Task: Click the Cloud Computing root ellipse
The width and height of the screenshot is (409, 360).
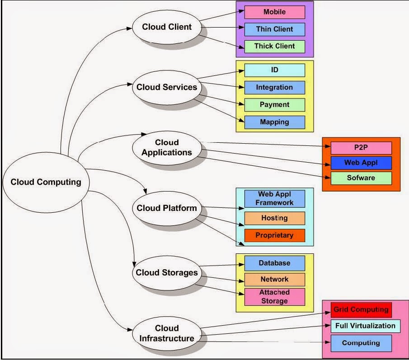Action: (x=46, y=182)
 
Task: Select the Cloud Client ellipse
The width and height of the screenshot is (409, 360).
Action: (x=167, y=27)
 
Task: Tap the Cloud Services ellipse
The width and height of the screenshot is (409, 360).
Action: (x=167, y=87)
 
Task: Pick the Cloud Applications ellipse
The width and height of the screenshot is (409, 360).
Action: (x=167, y=148)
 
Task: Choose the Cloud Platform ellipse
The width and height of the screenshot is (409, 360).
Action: (x=167, y=208)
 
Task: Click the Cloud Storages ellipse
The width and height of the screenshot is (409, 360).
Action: (x=167, y=273)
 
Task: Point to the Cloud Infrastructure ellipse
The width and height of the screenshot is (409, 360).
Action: (x=167, y=333)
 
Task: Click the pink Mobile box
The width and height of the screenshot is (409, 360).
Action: (x=274, y=12)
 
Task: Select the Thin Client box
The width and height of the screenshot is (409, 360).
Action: (x=274, y=29)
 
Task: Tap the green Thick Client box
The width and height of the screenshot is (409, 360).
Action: (x=274, y=46)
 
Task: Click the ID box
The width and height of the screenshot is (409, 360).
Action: (x=274, y=70)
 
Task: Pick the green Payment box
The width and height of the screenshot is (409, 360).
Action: (x=274, y=104)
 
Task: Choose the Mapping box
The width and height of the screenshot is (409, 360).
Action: (x=274, y=122)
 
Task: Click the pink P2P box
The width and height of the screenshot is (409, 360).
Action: (x=361, y=148)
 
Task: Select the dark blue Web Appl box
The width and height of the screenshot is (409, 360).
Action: (x=361, y=163)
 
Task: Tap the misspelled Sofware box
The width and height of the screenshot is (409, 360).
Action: (x=361, y=178)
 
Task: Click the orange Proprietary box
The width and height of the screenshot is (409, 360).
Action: (x=274, y=235)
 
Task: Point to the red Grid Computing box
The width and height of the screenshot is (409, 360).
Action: (x=361, y=310)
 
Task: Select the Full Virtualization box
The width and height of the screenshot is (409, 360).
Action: (x=365, y=326)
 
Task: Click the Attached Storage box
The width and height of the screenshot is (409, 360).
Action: (x=274, y=297)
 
